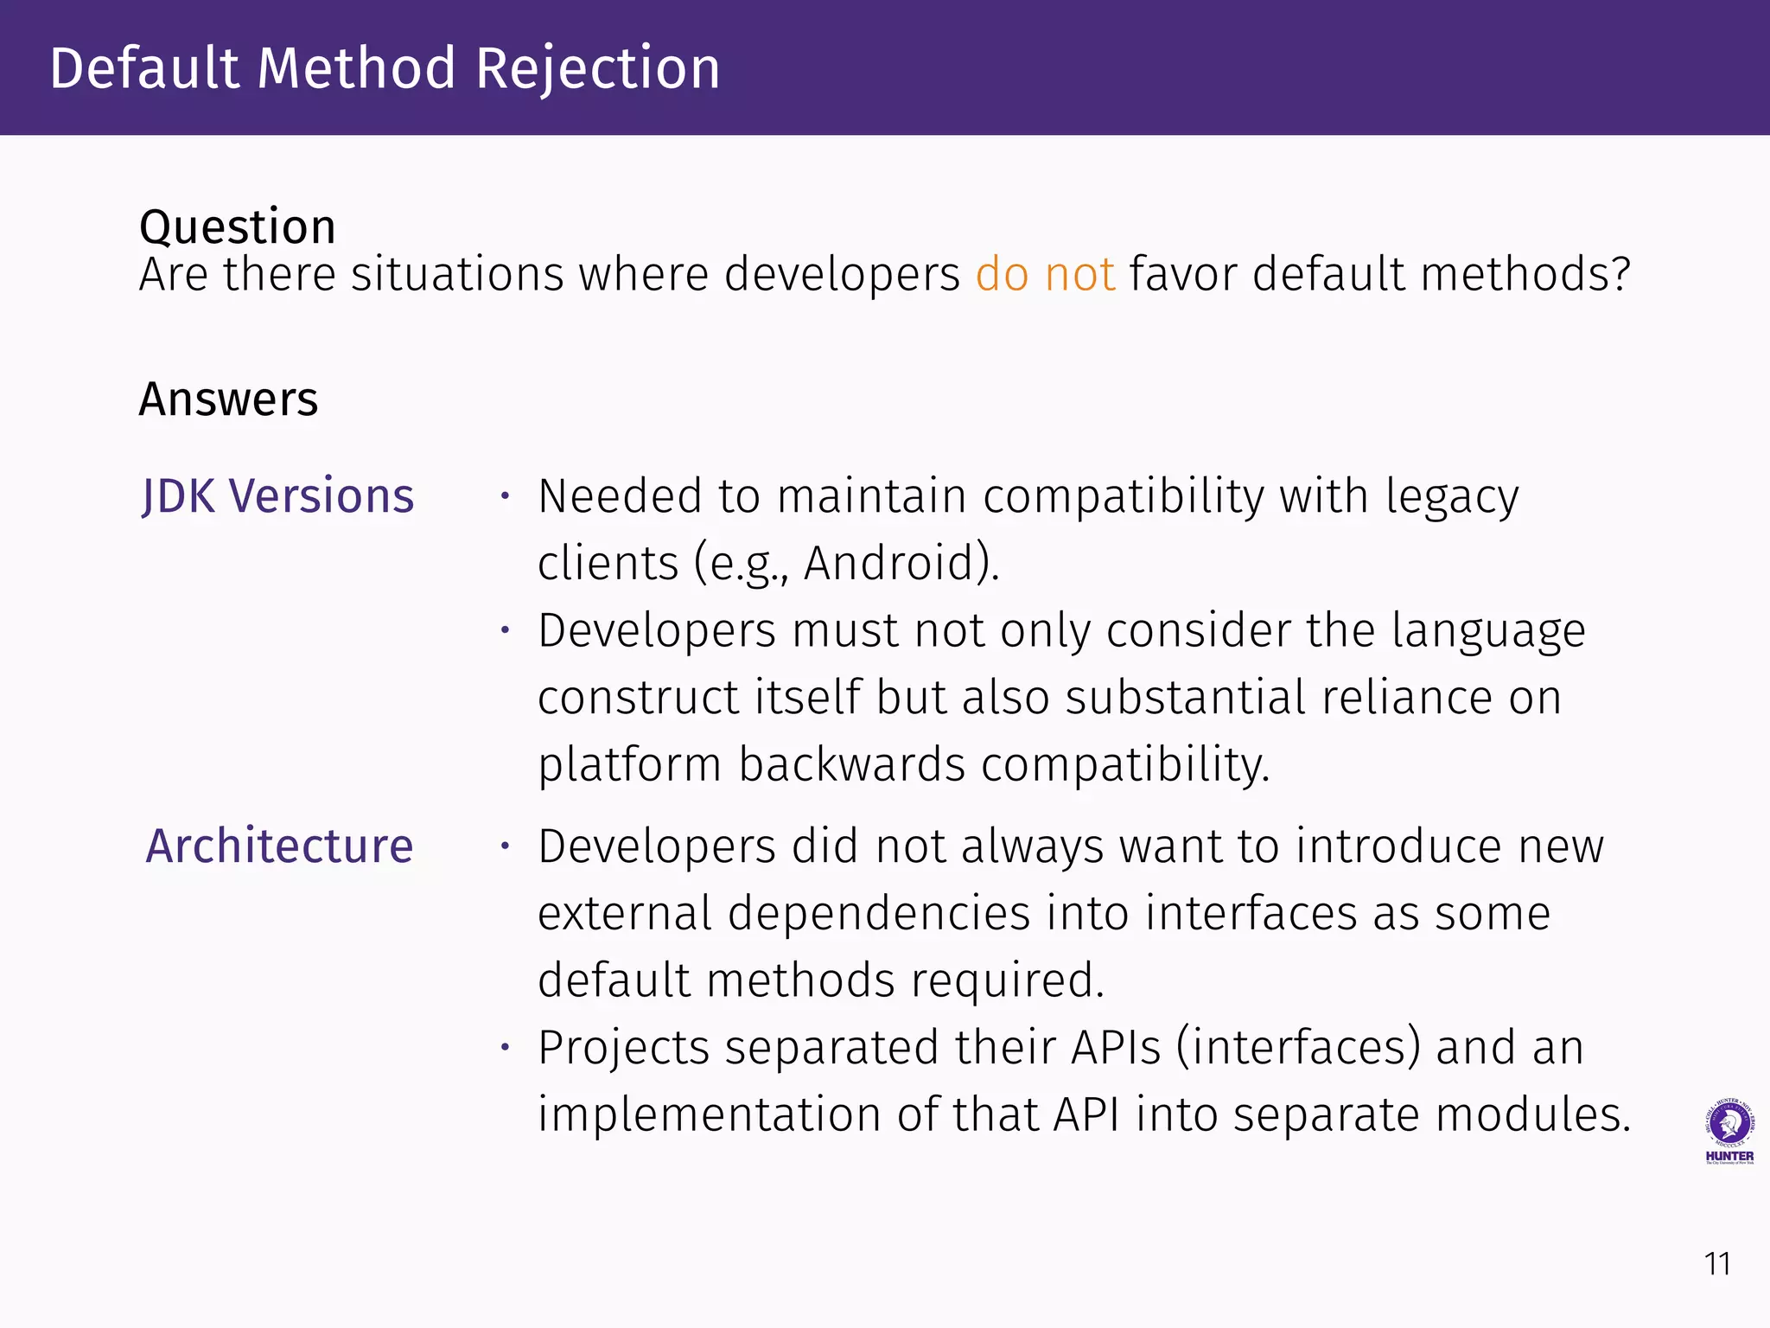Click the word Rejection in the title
597,69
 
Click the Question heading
237,227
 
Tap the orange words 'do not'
1045,275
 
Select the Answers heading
228,399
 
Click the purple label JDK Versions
278,497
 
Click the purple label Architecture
279,846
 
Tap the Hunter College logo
1729,1131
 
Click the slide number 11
1716,1265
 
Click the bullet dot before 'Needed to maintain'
506,496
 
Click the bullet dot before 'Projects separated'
506,1048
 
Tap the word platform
629,765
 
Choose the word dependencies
879,914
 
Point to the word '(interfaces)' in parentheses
1297,1048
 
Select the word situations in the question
456,275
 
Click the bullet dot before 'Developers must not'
506,630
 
